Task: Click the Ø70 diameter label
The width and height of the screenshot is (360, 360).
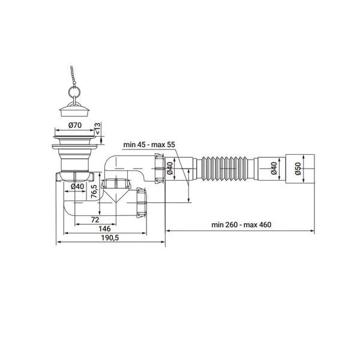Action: click(75, 125)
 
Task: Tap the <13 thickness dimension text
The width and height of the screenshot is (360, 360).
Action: click(97, 128)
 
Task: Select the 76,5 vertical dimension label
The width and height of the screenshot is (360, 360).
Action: click(94, 191)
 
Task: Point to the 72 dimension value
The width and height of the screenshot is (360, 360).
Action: click(95, 220)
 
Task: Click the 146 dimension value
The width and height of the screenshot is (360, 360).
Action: click(104, 229)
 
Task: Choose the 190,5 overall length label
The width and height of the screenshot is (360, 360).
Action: click(110, 238)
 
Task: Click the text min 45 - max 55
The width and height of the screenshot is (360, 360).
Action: click(149, 145)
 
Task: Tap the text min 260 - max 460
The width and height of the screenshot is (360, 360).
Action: click(241, 224)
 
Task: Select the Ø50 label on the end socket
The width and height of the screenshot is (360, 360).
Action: click(298, 169)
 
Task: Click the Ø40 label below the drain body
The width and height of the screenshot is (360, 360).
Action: click(77, 186)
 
